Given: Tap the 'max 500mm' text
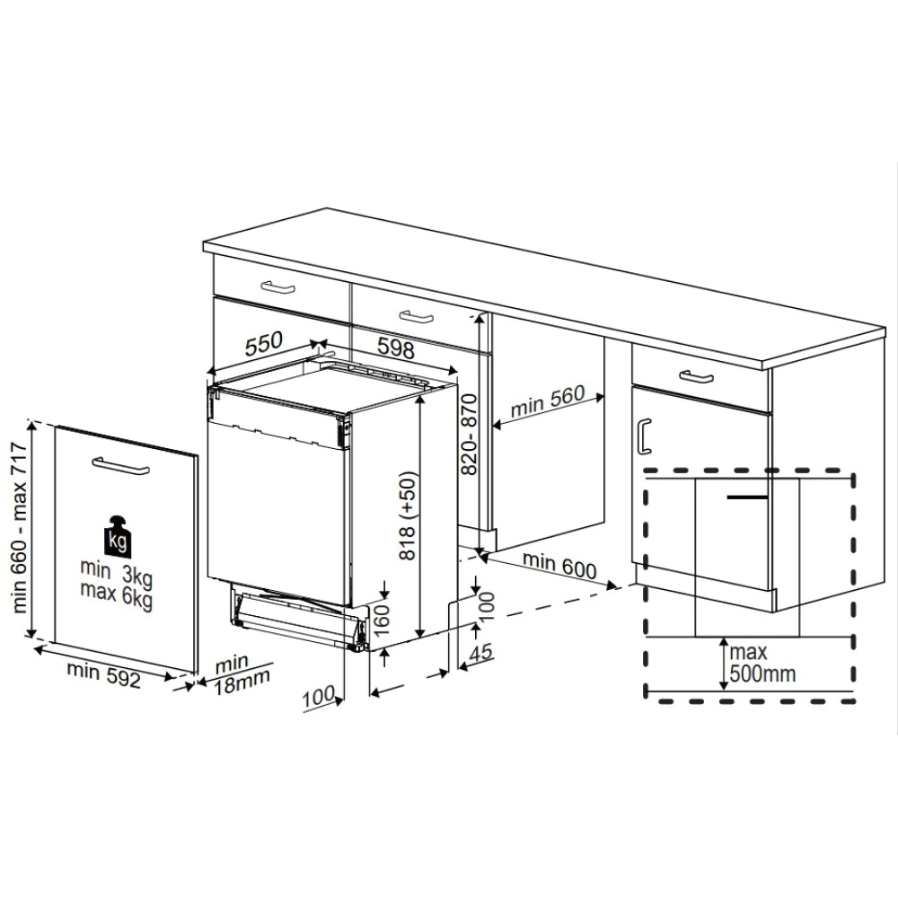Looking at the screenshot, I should point(762,661).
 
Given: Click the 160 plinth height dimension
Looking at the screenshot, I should point(380,621).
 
